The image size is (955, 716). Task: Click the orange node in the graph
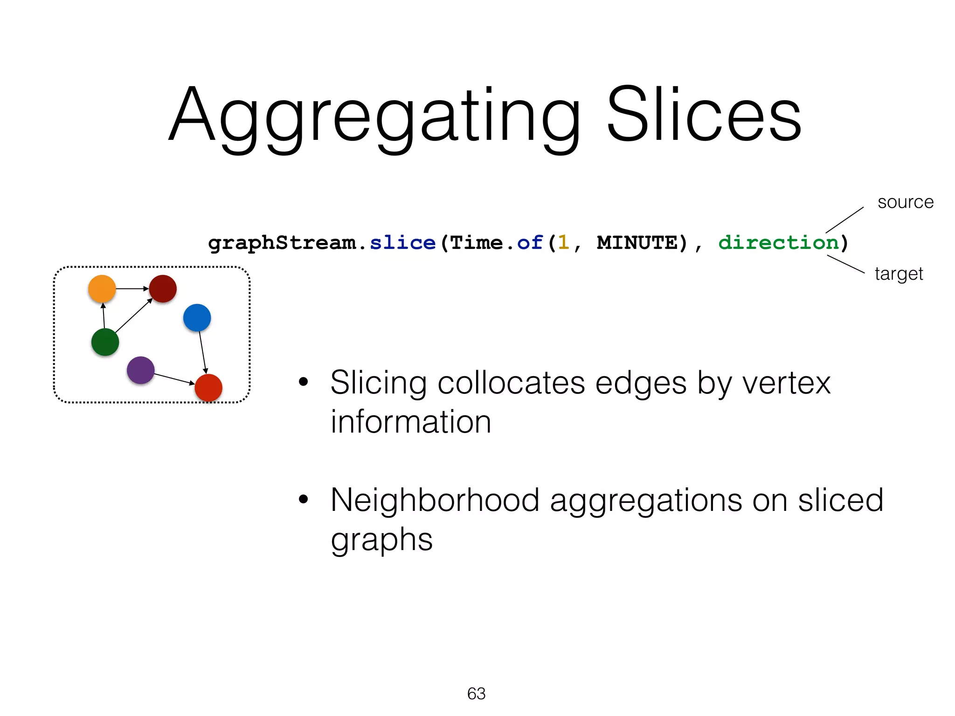(x=102, y=289)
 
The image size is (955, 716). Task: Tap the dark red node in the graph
(x=163, y=289)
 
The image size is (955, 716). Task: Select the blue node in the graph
(x=197, y=318)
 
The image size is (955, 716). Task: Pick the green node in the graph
(x=105, y=342)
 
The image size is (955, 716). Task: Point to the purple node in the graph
(x=140, y=370)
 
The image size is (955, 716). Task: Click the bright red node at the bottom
(x=208, y=387)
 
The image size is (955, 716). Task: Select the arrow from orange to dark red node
(x=132, y=289)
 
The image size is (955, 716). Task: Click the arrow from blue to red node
(x=202, y=352)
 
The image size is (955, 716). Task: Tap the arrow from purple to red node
(x=173, y=379)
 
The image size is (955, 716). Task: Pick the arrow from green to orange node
(x=104, y=316)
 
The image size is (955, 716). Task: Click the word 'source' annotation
(x=905, y=202)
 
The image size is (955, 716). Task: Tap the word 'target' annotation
(x=899, y=274)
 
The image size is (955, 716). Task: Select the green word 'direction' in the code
(x=778, y=243)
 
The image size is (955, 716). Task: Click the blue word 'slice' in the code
(x=402, y=243)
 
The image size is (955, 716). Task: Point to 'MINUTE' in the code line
(x=637, y=243)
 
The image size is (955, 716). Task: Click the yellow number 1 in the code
(x=563, y=243)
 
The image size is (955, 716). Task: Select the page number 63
(x=476, y=694)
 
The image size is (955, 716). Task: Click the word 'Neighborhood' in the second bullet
(x=435, y=500)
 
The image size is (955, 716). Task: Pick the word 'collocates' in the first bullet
(x=511, y=383)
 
